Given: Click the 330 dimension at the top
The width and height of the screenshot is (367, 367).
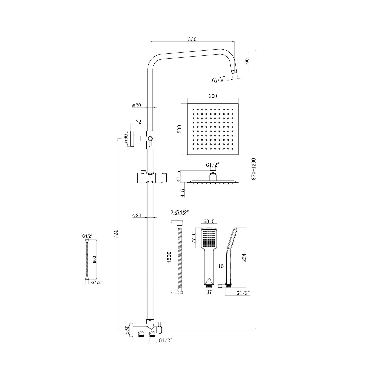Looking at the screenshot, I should [192, 39].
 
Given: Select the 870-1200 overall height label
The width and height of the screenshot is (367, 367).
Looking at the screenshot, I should [254, 169].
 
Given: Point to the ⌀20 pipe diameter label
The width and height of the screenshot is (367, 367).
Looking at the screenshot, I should [136, 105].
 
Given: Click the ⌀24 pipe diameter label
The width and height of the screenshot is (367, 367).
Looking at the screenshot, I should [137, 216].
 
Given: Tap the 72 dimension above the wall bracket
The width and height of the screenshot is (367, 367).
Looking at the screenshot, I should [139, 122].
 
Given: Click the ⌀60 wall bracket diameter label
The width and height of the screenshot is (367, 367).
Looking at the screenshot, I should [126, 139].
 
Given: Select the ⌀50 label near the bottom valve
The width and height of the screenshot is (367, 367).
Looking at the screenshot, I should [127, 330].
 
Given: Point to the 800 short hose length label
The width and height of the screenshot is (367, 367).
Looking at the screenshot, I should [94, 259].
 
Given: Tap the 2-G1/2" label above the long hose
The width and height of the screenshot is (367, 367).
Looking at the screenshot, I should [180, 212].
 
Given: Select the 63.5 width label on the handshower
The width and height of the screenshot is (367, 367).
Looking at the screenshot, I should [209, 222].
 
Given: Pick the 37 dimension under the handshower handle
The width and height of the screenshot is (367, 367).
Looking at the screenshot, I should [209, 292].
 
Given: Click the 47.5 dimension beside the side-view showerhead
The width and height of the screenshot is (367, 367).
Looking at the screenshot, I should [179, 176].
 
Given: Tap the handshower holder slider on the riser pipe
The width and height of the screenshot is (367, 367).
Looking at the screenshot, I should [152, 178].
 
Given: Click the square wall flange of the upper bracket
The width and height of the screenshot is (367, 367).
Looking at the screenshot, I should [132, 139].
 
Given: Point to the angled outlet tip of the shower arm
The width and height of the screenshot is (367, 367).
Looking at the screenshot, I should [235, 71].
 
